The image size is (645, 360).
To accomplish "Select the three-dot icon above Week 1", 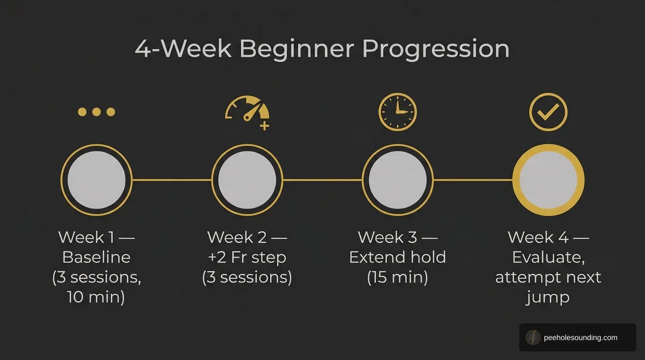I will (97, 112).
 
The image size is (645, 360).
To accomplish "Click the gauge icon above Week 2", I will (246, 110).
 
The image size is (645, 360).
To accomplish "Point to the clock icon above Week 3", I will (398, 112).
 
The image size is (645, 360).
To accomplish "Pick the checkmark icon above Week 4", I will (548, 112).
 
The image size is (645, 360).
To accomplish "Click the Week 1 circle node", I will (96, 179).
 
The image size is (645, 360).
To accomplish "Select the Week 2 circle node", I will (247, 179).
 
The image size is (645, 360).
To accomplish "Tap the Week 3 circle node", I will (398, 179).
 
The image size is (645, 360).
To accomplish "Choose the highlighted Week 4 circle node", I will (548, 179).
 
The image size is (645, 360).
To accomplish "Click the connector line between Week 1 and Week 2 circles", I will (171, 179).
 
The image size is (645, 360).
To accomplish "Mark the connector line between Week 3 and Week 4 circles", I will (473, 179).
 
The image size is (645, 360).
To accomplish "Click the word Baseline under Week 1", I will (96, 257).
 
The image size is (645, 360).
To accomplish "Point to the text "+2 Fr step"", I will (247, 257).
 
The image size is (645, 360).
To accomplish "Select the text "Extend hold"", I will (397, 257).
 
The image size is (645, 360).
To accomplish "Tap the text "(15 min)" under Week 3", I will (397, 277).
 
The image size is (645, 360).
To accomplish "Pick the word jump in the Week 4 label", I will (548, 297).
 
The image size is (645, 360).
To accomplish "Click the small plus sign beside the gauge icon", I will (264, 126).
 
